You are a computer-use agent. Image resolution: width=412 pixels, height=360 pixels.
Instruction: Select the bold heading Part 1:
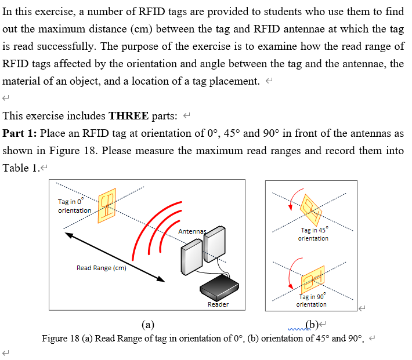(20, 133)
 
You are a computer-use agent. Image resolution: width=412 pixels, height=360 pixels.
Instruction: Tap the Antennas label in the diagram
(193, 232)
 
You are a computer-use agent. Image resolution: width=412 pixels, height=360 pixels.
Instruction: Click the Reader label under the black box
(218, 304)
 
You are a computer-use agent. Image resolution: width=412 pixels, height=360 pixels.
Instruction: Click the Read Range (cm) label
(101, 268)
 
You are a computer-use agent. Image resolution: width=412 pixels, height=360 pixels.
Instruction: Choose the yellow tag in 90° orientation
(312, 281)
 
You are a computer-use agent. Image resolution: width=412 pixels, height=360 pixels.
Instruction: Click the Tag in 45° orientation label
(313, 234)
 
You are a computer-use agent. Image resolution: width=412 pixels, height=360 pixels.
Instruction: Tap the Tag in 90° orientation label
(312, 300)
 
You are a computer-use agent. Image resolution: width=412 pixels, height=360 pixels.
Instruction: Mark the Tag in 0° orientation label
(74, 206)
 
